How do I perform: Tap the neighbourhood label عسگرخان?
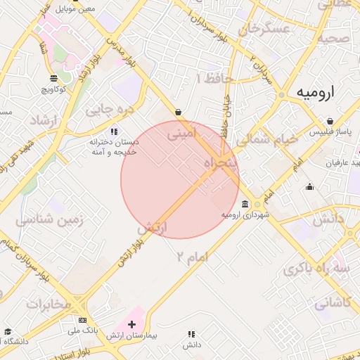(x=264, y=29)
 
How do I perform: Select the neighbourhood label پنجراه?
(x=221, y=163)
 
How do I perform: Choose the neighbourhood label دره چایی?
(x=109, y=109)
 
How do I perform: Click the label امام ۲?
(x=193, y=257)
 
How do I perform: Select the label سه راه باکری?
(x=317, y=270)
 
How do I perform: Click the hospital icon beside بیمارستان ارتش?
(x=131, y=324)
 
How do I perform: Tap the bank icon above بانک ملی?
(x=83, y=321)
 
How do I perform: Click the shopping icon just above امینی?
(x=178, y=112)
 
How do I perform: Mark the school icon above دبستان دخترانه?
(x=114, y=131)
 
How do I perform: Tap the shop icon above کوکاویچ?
(x=54, y=78)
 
